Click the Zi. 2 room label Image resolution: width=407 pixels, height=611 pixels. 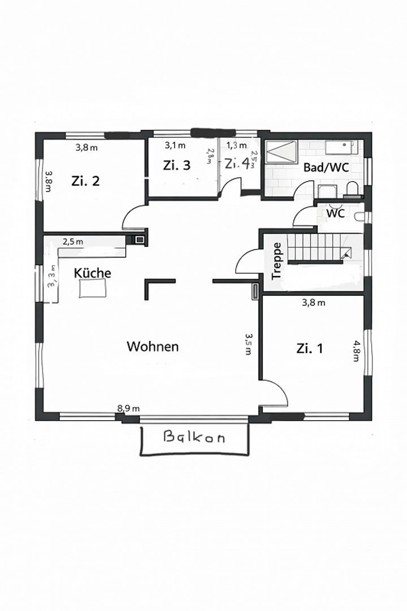pyautogui.click(x=86, y=181)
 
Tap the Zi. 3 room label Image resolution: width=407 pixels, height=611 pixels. pyautogui.click(x=177, y=165)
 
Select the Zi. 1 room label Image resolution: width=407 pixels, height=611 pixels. pyautogui.click(x=310, y=348)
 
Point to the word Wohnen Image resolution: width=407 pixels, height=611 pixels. pyautogui.click(x=153, y=346)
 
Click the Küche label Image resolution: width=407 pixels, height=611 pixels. pyautogui.click(x=92, y=273)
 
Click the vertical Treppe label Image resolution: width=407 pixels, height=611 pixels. pyautogui.click(x=276, y=261)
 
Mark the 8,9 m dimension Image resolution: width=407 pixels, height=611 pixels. pyautogui.click(x=128, y=409)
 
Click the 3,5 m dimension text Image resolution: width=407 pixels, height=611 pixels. pyautogui.click(x=248, y=344)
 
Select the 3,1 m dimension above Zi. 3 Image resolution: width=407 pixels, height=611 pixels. pyautogui.click(x=175, y=146)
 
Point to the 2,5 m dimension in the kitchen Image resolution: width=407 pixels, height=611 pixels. pyautogui.click(x=73, y=242)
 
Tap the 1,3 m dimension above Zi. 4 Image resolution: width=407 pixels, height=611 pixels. pyautogui.click(x=236, y=145)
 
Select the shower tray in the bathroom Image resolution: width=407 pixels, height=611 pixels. pyautogui.click(x=282, y=152)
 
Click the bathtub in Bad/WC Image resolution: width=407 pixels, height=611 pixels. pyautogui.click(x=341, y=147)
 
